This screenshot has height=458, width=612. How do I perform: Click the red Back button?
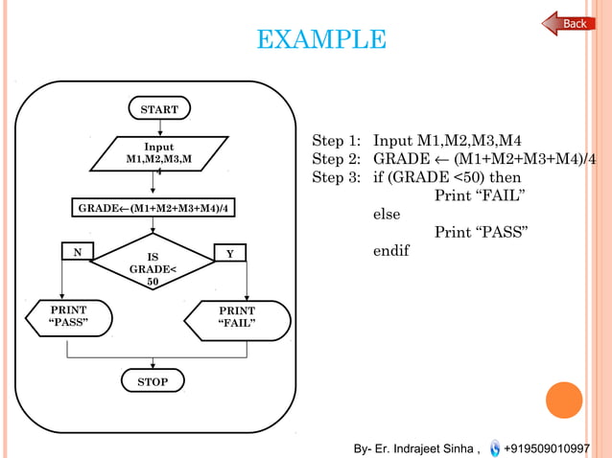click(x=570, y=23)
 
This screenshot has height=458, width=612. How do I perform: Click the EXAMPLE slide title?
click(x=321, y=40)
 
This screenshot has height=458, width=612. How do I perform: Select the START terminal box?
click(x=159, y=109)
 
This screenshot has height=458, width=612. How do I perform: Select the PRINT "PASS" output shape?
click(x=67, y=317)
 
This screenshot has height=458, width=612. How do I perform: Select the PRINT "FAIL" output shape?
click(x=238, y=318)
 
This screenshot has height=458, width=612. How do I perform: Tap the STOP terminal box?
click(x=153, y=382)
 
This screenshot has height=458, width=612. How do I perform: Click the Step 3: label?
click(x=336, y=177)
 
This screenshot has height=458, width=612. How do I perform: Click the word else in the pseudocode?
click(x=387, y=215)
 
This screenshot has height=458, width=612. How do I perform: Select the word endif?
click(x=390, y=251)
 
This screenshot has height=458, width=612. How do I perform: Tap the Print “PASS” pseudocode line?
click(x=482, y=233)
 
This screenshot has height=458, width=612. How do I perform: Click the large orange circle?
click(x=563, y=401)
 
